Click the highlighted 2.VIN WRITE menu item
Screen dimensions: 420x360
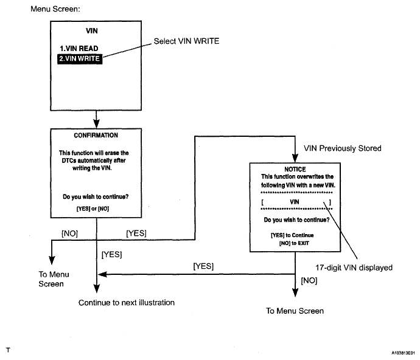pos(80,58)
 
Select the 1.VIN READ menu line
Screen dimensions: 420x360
pos(79,49)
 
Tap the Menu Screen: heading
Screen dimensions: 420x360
pos(55,9)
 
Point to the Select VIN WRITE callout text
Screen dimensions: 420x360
pos(186,41)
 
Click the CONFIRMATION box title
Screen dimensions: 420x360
pos(96,135)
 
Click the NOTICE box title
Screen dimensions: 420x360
pos(295,169)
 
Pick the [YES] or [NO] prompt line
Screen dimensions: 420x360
pos(93,209)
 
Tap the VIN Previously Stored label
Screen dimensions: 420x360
pos(342,148)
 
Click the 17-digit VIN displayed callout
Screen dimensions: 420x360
pos(354,268)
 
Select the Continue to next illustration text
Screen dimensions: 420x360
pos(127,302)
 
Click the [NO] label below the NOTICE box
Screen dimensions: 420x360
pos(309,280)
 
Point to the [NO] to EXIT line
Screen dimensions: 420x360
pos(294,243)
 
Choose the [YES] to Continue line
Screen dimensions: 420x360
pos(292,235)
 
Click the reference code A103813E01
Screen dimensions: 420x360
pos(403,353)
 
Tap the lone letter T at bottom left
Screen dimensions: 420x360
pos(8,350)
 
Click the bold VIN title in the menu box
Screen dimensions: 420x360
pos(92,31)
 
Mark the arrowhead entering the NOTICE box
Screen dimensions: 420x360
pos(295,158)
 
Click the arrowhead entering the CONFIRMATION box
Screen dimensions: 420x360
pos(96,124)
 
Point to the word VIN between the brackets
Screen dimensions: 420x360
pos(295,202)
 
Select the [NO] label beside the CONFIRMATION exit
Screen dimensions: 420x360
pos(69,234)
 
